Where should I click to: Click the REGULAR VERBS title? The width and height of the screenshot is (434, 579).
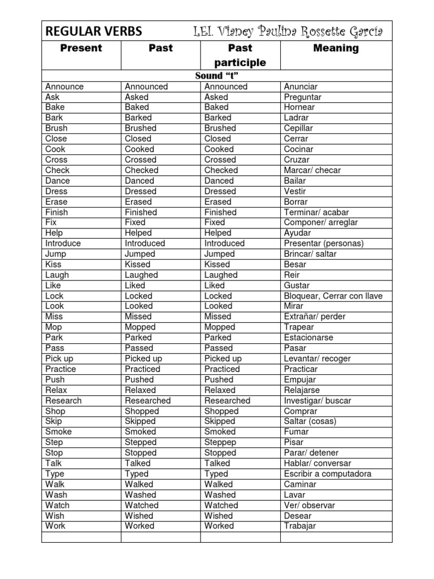93,31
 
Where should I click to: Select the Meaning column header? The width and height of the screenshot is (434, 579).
336,49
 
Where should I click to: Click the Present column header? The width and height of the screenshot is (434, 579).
81,49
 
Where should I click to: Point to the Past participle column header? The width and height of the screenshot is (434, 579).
240,55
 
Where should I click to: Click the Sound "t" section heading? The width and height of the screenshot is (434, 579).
216,76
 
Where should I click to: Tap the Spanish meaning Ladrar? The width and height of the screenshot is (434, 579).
296,118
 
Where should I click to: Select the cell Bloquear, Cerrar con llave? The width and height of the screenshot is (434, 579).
333,296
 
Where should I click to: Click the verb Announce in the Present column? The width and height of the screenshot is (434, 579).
64,87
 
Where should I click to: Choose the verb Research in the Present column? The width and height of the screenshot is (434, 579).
63,400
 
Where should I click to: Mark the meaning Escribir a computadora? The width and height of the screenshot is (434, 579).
327,474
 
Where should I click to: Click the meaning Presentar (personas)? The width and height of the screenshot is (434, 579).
323,243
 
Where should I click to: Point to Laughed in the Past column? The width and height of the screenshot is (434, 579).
141,275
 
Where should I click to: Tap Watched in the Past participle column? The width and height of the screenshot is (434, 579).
221,505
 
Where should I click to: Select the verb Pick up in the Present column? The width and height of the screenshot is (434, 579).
59,358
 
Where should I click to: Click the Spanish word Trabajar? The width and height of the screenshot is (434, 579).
300,526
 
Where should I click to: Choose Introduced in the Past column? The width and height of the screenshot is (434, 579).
145,243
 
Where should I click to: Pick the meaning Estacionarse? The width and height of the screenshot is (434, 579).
308,338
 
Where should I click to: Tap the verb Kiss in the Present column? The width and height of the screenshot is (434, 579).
53,264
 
